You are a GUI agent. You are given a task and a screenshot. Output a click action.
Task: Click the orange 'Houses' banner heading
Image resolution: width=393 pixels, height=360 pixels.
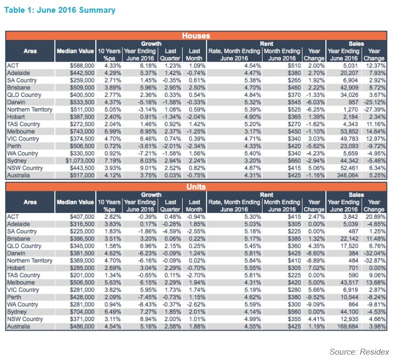click(196, 36)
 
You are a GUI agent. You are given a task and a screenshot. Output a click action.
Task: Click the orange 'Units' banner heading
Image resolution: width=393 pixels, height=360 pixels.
click(196, 187)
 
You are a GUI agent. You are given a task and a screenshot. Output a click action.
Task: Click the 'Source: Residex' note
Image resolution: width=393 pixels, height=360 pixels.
click(359, 351)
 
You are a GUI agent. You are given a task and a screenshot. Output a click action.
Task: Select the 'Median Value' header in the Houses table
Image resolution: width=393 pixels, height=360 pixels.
click(75, 51)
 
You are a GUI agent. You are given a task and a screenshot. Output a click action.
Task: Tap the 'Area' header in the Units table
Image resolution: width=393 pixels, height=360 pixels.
click(30, 202)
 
